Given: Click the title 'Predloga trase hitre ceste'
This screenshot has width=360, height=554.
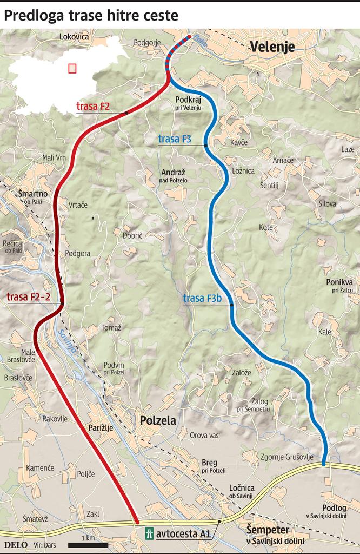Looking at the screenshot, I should coord(91,16).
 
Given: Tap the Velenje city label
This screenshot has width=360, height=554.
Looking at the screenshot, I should coord(272,47).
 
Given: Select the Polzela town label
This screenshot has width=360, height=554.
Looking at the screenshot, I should coord(158,420).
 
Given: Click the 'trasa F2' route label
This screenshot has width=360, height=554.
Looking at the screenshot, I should coord(93,107).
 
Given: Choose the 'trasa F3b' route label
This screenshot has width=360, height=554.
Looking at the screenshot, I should coord(202,298).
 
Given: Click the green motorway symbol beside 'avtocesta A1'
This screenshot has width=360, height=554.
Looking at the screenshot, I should coord(149,534).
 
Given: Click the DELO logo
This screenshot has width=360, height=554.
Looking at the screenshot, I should coord(16,544).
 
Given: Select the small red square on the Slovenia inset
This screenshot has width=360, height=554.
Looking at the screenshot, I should coord(72,69).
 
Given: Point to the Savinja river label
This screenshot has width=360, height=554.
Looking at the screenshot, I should coord(67,341).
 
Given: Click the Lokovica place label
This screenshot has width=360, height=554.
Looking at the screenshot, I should coord(74,37).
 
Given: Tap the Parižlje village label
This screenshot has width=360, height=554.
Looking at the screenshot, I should coord(101,427).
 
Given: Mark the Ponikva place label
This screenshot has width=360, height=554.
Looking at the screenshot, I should coord(339,282).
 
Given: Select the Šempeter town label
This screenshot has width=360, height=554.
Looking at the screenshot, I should coord(268,530).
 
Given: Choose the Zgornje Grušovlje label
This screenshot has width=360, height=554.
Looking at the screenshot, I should coord(287,457).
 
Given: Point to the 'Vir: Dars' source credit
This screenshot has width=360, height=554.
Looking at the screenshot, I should coord(46,544).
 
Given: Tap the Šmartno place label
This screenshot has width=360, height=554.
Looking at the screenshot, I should coord(32,194).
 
